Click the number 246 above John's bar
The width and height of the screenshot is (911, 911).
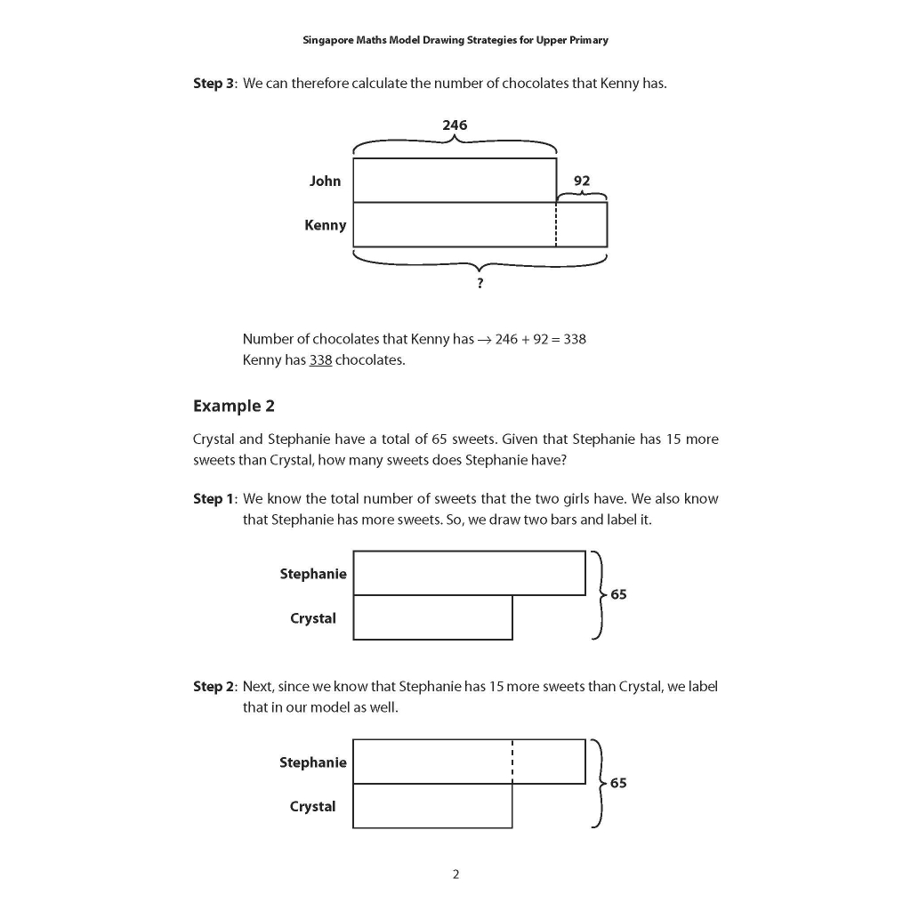pyautogui.click(x=455, y=125)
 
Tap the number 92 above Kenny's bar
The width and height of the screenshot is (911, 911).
pyautogui.click(x=582, y=181)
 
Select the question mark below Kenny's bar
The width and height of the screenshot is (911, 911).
pyautogui.click(x=480, y=283)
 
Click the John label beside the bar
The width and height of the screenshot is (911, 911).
pyautogui.click(x=325, y=181)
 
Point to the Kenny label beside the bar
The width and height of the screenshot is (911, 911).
pyautogui.click(x=325, y=225)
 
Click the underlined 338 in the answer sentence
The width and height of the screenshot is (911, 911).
pyautogui.click(x=320, y=360)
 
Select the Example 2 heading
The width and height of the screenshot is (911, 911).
pyautogui.click(x=234, y=406)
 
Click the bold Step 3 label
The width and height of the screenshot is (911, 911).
pyautogui.click(x=214, y=84)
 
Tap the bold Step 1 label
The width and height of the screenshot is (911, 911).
pyautogui.click(x=214, y=498)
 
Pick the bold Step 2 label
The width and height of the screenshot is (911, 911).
pyautogui.click(x=214, y=686)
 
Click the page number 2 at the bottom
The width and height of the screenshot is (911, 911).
pyautogui.click(x=455, y=875)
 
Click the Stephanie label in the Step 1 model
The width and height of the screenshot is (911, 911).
pyautogui.click(x=313, y=574)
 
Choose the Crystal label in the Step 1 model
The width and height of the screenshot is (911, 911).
pyautogui.click(x=313, y=618)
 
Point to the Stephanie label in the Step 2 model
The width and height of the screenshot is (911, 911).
pyautogui.click(x=313, y=762)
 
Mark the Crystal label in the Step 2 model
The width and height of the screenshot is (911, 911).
pyautogui.click(x=313, y=807)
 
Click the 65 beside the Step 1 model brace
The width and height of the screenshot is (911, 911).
pyautogui.click(x=618, y=594)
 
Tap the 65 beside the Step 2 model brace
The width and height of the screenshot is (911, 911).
pyautogui.click(x=618, y=783)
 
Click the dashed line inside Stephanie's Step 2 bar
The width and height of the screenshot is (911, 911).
pyautogui.click(x=512, y=761)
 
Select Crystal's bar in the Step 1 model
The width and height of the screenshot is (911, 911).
pyautogui.click(x=432, y=617)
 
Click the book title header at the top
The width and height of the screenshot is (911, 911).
pyautogui.click(x=455, y=40)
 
